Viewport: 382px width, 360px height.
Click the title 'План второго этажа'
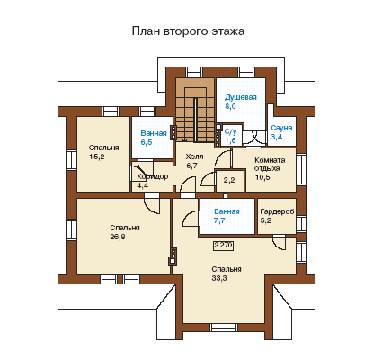point(188,31)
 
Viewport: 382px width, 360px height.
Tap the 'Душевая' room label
point(241,97)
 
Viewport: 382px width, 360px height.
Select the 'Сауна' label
point(281,128)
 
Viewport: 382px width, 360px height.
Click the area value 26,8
point(118,237)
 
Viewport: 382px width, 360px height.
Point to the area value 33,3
point(219,278)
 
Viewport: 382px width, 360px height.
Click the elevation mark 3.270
point(223,246)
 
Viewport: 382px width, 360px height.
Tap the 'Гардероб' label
point(277,211)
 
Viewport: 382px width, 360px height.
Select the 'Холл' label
point(194,157)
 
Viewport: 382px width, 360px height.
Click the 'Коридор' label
point(152,176)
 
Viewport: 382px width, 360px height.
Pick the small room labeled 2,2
point(229,181)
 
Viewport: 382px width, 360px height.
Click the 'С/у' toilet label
point(231,131)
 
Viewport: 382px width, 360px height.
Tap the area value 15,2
point(97,157)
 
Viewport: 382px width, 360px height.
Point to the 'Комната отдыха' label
point(270,164)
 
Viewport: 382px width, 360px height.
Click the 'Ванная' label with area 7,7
point(227,211)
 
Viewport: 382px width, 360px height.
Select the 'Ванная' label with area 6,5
point(154,133)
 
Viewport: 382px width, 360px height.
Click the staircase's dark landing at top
point(195,87)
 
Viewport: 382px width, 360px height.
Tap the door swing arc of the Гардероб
point(280,244)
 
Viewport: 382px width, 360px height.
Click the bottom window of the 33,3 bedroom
point(224,328)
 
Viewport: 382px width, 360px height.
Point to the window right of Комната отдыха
point(300,169)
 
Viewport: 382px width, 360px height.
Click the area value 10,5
point(262,177)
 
